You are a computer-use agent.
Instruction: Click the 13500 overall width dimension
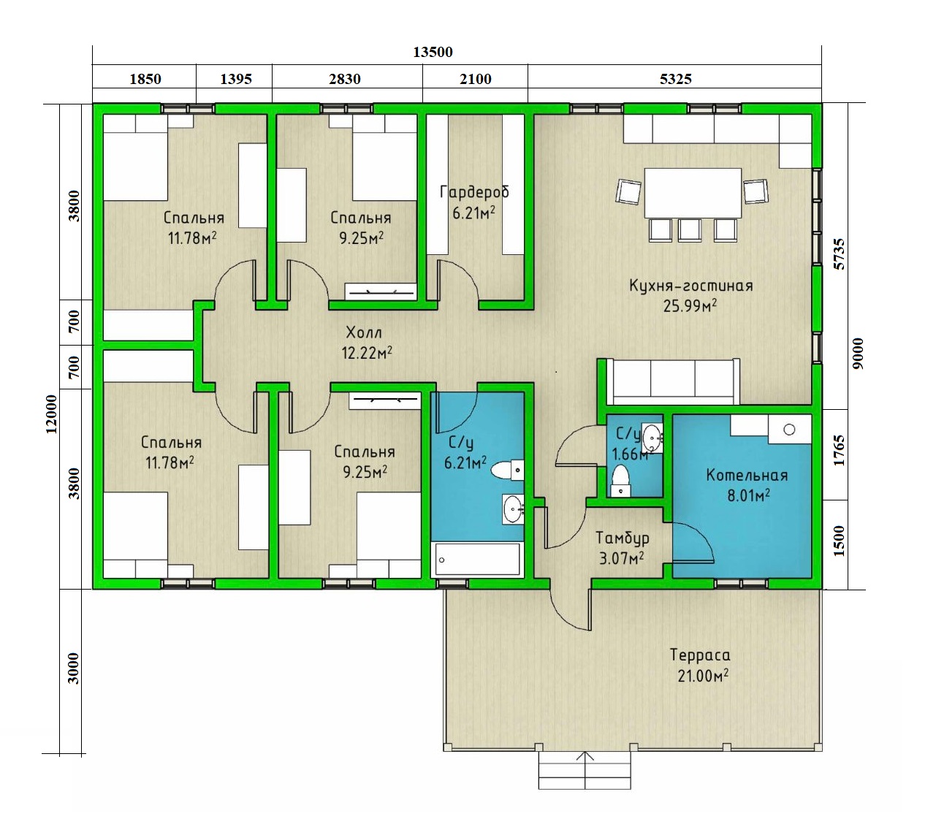point(433,52)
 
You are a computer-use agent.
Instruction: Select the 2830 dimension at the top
point(344,79)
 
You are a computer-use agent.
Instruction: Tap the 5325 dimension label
point(676,79)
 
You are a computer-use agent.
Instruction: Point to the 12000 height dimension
point(52,414)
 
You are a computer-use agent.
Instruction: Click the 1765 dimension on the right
point(840,451)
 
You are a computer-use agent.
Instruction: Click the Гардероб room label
point(474,192)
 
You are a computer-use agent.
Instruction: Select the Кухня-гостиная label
point(690,286)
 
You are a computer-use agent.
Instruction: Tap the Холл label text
point(364,332)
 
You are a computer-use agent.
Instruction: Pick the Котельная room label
point(747,475)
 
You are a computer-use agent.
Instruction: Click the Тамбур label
point(622,538)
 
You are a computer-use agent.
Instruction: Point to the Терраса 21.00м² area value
point(703,676)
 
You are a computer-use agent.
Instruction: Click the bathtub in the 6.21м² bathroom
point(478,559)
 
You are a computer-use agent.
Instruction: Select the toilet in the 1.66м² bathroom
point(621,481)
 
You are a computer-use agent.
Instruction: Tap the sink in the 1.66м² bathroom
point(652,438)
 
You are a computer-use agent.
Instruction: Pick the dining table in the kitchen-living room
point(693,193)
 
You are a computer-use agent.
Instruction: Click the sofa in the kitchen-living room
point(672,381)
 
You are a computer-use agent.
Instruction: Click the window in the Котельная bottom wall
point(741,584)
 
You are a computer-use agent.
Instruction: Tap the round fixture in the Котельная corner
point(789,430)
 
